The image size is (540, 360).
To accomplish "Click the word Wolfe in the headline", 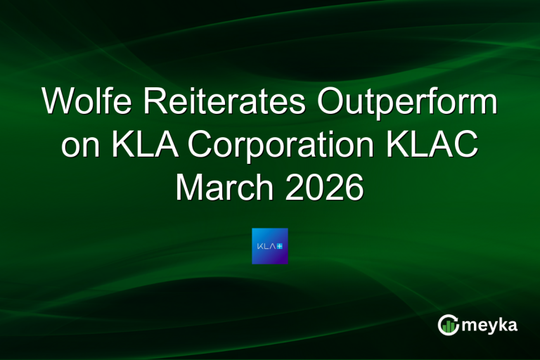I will [93, 103].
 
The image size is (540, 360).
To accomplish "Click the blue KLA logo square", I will [270, 246].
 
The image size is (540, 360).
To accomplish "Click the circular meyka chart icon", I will [449, 324].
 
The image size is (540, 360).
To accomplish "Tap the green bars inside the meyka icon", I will [449, 326].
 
